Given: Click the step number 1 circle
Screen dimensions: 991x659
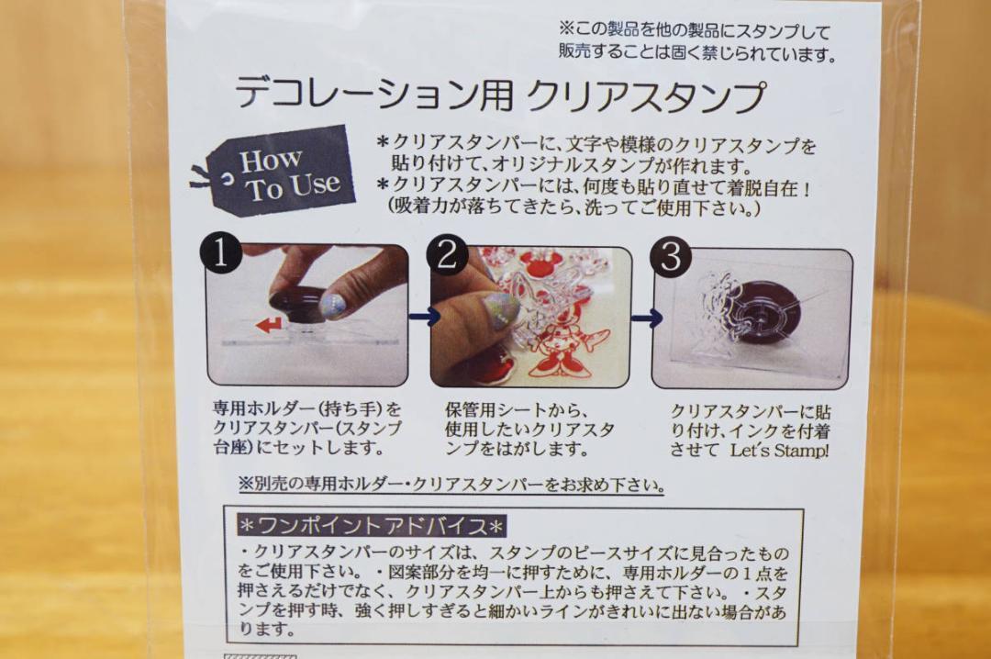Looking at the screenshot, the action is [x=220, y=253].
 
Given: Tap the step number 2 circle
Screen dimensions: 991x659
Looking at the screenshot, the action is [x=448, y=255].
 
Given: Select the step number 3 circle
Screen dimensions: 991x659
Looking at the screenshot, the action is [x=671, y=256].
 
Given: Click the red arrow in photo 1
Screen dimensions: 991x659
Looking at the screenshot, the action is [x=269, y=326].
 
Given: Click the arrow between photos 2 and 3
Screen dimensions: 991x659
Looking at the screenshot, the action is [x=647, y=318].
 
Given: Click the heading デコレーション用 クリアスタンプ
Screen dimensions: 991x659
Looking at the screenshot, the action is [x=500, y=95].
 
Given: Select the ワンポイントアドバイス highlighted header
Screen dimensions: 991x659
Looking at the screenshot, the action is [x=372, y=525].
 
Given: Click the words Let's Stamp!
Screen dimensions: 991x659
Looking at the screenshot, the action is [x=779, y=451].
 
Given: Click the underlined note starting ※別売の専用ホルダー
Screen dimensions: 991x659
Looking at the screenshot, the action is [x=451, y=485].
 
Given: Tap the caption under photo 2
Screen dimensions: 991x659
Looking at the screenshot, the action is [x=529, y=430].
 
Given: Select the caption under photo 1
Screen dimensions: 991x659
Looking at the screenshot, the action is [x=307, y=428].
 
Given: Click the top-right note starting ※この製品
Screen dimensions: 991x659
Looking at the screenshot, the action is [x=697, y=41].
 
